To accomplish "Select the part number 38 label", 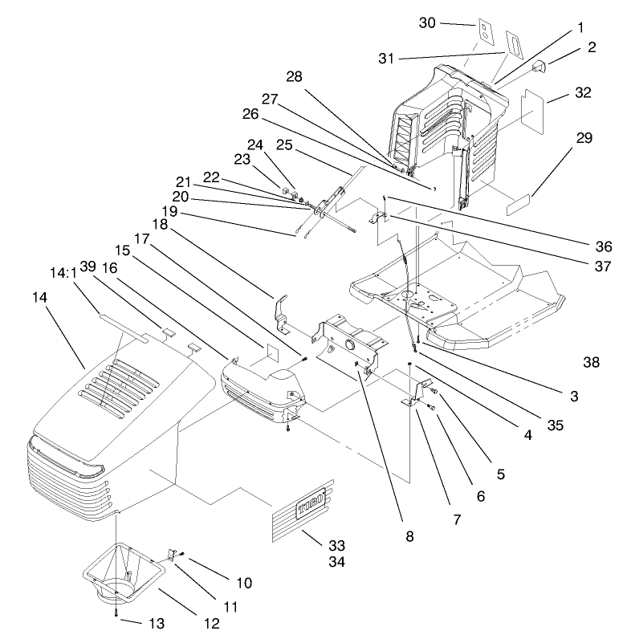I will click(592, 363).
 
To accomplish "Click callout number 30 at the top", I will click(450, 22).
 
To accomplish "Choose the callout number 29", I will click(584, 138).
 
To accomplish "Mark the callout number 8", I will click(409, 536).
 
